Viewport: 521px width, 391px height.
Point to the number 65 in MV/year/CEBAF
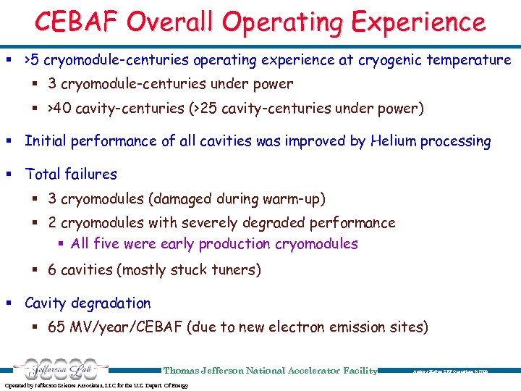click(x=56, y=327)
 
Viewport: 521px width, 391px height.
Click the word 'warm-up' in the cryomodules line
click(x=295, y=198)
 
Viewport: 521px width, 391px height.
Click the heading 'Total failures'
click(x=71, y=174)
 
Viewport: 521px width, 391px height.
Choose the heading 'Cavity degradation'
click(x=88, y=303)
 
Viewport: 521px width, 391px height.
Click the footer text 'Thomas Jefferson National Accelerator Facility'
click(x=271, y=371)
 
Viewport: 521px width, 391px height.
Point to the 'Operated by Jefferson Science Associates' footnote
click(x=96, y=385)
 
